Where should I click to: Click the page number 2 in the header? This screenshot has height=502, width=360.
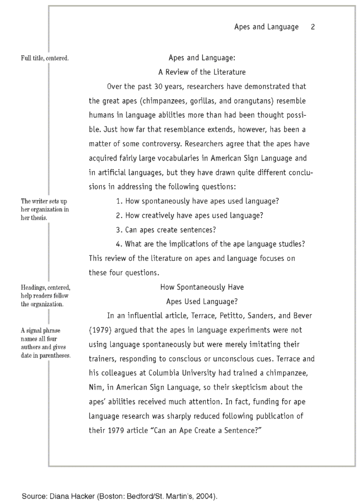[312, 27]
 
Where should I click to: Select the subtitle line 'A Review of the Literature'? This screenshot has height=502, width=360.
[202, 72]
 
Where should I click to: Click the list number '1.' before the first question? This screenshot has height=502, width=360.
[119, 201]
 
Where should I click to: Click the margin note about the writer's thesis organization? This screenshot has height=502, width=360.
[45, 209]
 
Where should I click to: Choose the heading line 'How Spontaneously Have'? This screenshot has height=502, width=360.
[202, 287]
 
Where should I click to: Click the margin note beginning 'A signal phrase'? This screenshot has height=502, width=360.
[45, 343]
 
